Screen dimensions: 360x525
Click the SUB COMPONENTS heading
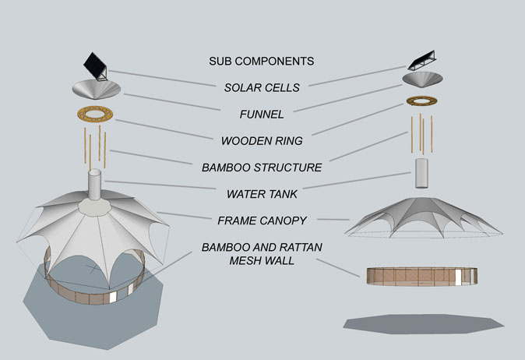(261, 61)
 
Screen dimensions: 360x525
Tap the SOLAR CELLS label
(261, 87)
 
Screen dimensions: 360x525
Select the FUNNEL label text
(261, 115)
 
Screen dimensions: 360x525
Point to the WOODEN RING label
(261, 141)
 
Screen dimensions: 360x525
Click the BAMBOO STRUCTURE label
(261, 168)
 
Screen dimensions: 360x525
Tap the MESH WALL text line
(261, 261)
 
